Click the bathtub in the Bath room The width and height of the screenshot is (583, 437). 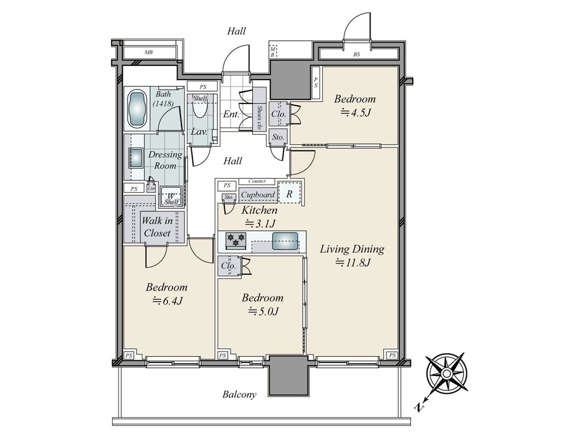[138, 109]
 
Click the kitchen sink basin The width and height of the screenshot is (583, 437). [285, 241]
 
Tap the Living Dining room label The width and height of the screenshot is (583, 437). [352, 249]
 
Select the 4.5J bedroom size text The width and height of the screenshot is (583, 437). [356, 112]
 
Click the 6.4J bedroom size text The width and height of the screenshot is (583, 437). [167, 300]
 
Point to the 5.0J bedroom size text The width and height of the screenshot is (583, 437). [263, 311]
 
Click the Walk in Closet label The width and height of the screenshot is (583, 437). [157, 226]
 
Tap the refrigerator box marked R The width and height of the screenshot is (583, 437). [289, 193]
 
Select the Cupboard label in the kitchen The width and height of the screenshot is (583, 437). [258, 195]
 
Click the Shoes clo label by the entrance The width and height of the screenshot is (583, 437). [260, 117]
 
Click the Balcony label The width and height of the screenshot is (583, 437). [240, 394]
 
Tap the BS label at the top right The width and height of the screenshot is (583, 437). [356, 54]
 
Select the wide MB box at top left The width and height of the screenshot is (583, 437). [149, 52]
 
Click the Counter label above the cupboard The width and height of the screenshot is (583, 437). [257, 182]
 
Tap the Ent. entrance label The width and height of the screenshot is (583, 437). [231, 114]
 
